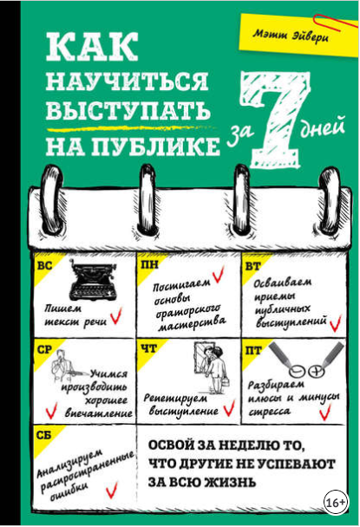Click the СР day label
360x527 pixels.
click(x=46, y=349)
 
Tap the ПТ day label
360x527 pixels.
click(x=253, y=349)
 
